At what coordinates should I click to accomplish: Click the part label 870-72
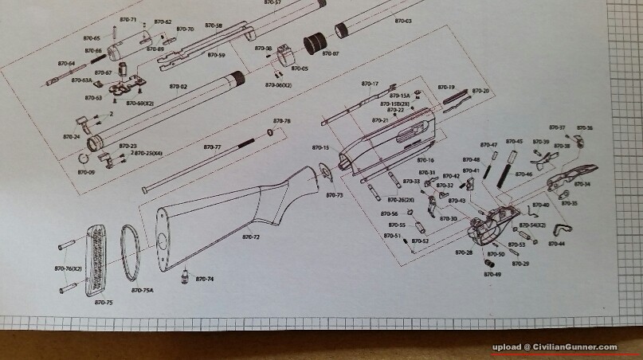point(253,237)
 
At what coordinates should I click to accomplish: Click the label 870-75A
point(143,289)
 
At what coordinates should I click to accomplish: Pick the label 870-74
point(205,279)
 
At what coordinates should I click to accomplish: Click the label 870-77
point(212,147)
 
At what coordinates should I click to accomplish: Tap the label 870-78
point(282,121)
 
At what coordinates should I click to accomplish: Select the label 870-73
point(335,194)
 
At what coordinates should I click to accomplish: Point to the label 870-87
point(331,53)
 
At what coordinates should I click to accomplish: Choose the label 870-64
point(66,63)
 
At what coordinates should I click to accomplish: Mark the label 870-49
point(492,274)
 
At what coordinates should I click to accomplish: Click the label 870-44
point(556,244)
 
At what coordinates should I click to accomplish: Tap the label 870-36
point(584,127)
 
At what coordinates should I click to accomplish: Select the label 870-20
point(480,91)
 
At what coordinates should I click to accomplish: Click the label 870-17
point(370,84)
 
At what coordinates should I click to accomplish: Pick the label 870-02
point(178,86)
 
